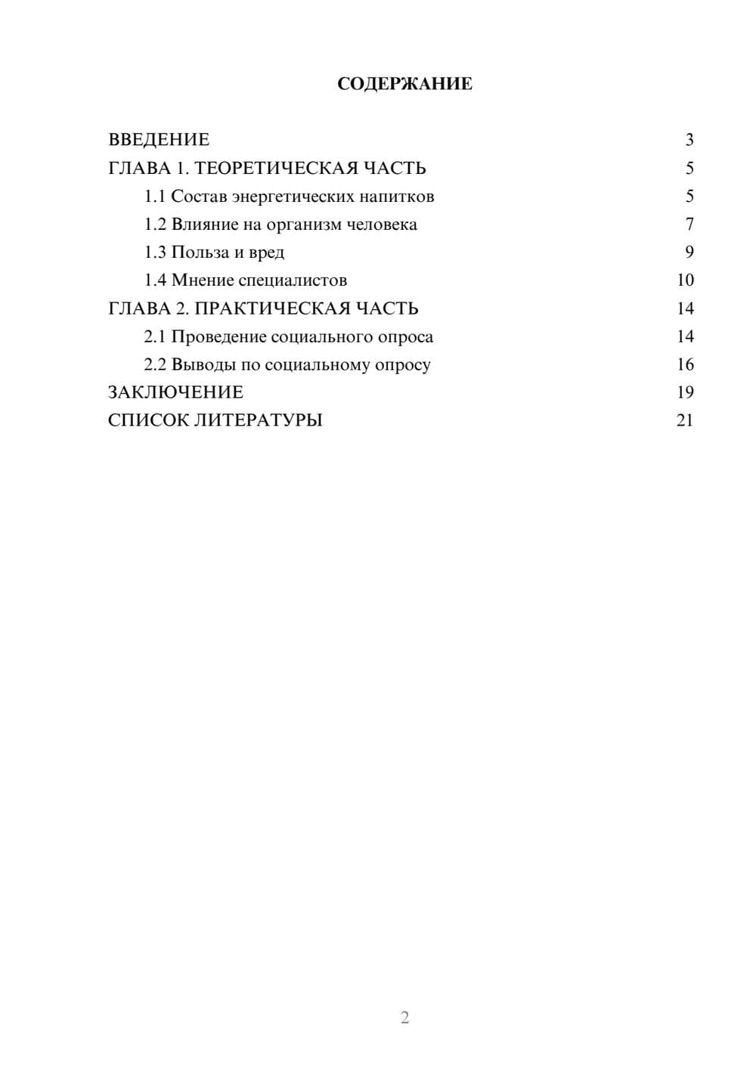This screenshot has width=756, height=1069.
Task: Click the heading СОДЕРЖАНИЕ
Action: coord(404,84)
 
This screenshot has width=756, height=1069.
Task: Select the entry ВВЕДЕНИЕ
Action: coord(159,140)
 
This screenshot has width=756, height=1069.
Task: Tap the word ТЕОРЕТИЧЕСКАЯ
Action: coord(276,168)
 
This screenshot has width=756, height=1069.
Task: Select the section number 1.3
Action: coord(155,253)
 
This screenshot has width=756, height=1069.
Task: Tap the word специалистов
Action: coord(293,280)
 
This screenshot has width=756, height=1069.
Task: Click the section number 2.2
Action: coord(155,364)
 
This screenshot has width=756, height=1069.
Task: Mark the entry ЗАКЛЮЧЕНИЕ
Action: coord(175,392)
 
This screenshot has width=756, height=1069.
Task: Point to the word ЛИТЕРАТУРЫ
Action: coord(258,420)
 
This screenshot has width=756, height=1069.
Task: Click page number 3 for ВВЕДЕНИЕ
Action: coord(689,140)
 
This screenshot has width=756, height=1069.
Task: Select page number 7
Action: coord(689,225)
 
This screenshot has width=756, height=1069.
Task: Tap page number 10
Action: coord(685,280)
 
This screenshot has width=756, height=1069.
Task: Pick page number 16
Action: coord(685,364)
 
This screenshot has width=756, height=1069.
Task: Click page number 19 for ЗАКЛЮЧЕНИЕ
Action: coord(685,392)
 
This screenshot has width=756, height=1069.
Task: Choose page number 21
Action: coord(685,420)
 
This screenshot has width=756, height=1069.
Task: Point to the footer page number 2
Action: coord(404,1018)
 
